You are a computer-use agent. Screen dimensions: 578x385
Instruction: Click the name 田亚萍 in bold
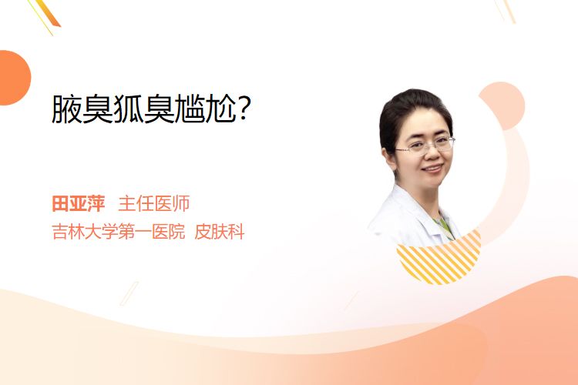(x=78, y=203)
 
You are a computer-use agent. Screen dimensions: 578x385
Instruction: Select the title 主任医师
(x=153, y=203)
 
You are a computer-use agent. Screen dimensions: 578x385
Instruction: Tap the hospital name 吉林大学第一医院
(x=119, y=232)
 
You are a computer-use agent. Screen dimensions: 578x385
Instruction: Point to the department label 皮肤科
(x=220, y=232)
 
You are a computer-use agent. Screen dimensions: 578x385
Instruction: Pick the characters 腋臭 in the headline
(x=82, y=109)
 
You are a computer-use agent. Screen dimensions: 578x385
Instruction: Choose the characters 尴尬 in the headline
(x=206, y=109)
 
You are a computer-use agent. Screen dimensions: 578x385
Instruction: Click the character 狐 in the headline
(x=128, y=109)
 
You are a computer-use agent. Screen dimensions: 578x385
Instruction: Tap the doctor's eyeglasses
(x=425, y=145)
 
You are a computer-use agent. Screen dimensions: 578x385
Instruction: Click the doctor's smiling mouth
(x=433, y=169)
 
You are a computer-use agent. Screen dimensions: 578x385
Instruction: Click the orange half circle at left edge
(x=14, y=78)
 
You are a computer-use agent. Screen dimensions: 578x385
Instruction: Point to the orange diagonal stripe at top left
(x=47, y=15)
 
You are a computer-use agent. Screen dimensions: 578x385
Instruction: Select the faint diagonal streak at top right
(x=507, y=11)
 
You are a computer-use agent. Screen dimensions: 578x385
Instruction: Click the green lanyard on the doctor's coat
(x=444, y=226)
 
